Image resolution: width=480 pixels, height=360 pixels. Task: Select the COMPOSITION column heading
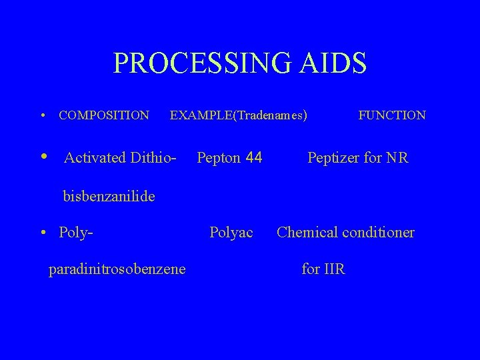pos(104,115)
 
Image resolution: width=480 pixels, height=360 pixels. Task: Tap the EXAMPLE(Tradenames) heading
pos(239,115)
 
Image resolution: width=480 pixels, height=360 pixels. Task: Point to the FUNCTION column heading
pos(392,115)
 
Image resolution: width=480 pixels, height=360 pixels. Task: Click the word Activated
pos(95,158)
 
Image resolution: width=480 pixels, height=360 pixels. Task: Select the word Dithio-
pos(153,158)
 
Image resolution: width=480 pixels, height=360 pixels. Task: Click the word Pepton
pos(218,158)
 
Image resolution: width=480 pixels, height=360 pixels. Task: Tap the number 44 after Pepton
pos(254,158)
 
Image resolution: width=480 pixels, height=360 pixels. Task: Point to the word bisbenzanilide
pos(109,196)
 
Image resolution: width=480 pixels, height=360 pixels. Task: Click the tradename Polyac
pos(231,233)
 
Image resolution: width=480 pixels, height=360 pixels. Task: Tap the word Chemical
pos(305,233)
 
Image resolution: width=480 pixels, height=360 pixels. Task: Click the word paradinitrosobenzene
pos(117,269)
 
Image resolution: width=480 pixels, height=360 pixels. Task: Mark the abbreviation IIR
pos(334,269)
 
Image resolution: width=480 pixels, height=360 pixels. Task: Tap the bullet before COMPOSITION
pos(43,116)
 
